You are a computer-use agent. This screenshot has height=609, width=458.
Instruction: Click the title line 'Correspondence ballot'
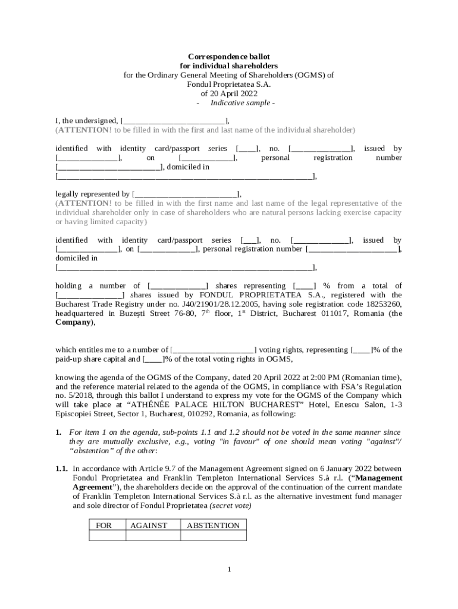point(228,56)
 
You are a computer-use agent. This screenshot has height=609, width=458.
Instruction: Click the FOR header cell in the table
point(107,525)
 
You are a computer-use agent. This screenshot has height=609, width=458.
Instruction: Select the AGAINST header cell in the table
point(152,525)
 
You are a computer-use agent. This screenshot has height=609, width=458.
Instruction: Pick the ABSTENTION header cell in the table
point(213,525)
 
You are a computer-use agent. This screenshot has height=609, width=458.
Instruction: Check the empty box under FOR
point(107,536)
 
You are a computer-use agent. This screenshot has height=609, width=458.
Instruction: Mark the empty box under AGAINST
point(152,536)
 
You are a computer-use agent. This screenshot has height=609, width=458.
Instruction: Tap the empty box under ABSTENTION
point(213,536)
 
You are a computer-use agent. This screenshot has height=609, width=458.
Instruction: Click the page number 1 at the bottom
point(229,570)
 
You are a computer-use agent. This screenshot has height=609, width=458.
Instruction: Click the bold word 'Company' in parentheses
point(73,322)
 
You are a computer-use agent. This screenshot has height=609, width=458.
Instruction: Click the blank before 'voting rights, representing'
point(213,350)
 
